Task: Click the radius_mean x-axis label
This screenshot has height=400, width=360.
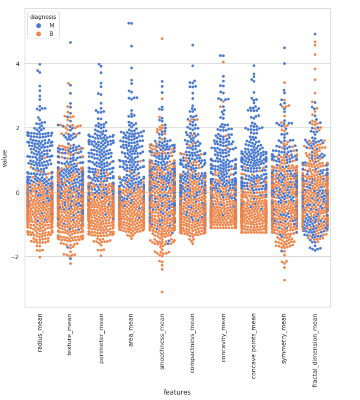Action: [40, 339]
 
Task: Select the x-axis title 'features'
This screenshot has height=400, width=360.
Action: [177, 392]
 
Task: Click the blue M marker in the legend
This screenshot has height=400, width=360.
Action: [39, 26]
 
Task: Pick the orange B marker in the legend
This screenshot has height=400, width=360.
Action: [39, 34]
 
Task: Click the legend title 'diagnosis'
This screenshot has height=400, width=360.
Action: [43, 17]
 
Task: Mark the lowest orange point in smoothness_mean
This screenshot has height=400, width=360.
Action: [162, 292]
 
